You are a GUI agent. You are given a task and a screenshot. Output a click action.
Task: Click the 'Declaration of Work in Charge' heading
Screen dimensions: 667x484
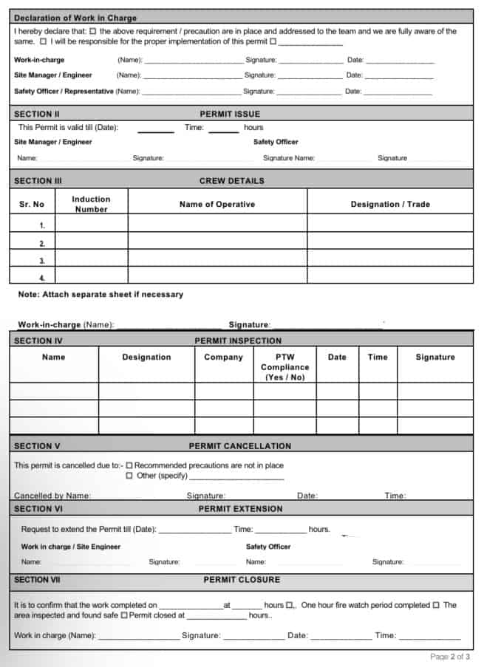point(75,18)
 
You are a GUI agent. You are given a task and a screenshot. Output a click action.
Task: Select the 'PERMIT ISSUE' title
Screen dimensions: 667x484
point(230,114)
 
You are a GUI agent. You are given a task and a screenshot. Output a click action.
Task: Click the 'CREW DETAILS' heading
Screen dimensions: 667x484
point(231,180)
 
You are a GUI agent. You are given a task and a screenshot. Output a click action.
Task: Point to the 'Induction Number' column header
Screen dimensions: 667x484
point(91,204)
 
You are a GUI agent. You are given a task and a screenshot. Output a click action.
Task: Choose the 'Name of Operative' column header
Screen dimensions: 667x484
point(217,204)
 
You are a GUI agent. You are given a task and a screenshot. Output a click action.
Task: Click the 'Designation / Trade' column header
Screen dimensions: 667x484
point(389,204)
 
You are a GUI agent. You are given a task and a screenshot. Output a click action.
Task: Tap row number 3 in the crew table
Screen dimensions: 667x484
point(42,261)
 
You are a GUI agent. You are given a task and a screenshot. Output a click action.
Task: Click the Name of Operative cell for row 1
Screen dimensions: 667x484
point(217,225)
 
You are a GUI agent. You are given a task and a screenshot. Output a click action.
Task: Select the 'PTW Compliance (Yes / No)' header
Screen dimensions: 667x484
point(284,366)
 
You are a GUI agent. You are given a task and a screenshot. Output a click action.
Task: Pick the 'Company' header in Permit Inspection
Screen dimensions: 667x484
point(223,357)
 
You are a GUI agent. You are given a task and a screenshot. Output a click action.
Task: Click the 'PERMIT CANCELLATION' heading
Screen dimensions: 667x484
point(239,446)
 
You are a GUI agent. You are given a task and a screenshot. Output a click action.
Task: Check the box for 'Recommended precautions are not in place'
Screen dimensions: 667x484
point(129,466)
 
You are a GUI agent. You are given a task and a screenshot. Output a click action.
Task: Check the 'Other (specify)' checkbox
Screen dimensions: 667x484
point(129,476)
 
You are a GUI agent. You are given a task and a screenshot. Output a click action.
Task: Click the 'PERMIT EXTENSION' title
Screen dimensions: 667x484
point(240,508)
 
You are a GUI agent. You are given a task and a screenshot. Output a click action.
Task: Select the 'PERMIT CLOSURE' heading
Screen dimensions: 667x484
point(242,580)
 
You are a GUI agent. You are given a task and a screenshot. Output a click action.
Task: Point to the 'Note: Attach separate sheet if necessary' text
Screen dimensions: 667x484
point(100,294)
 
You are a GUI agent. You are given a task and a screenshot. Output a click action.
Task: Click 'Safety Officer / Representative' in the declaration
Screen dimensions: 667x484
point(64,92)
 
